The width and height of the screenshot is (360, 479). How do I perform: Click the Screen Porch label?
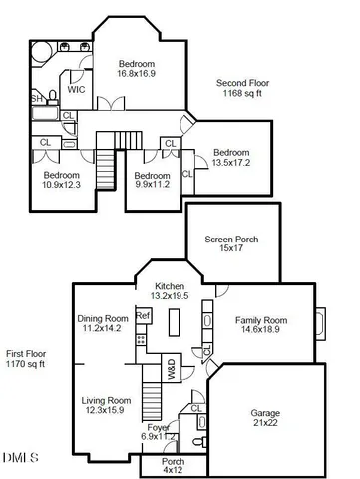(x=232, y=239)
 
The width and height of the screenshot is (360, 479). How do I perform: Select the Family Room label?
(x=262, y=321)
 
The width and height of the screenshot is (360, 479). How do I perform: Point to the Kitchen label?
(x=169, y=286)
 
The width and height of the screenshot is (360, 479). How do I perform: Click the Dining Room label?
(x=103, y=319)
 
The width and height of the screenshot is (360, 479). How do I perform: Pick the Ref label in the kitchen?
(x=143, y=316)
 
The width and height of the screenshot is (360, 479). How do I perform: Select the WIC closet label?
(x=77, y=90)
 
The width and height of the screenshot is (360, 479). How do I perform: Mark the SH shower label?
(x=37, y=98)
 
